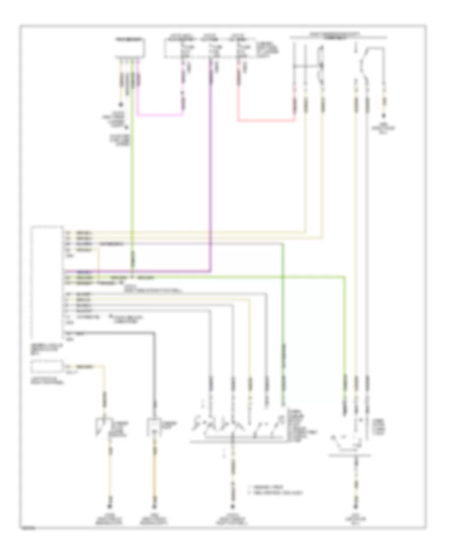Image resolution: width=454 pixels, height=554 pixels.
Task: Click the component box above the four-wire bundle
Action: coord(130,48)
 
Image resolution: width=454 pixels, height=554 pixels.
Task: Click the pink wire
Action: coord(156,114)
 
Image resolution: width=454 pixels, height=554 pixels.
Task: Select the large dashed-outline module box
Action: coord(46,282)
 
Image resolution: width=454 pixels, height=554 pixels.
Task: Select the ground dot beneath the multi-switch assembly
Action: coord(233,505)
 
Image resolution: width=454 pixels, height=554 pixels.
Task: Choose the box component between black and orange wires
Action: coord(153,427)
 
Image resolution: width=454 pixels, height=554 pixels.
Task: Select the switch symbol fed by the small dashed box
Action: coord(104,427)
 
